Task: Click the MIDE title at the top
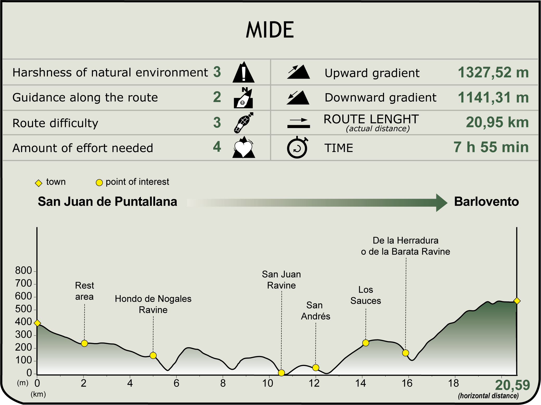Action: pos(270,30)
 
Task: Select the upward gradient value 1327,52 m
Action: pos(493,72)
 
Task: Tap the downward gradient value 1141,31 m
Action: pos(493,98)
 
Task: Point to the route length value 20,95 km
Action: pos(497,122)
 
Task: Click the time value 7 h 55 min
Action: pos(491,147)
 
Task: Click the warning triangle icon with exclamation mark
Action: pos(243,72)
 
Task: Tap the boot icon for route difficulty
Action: pos(243,123)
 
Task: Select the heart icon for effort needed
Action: pos(243,147)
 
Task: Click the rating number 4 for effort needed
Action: pos(217,147)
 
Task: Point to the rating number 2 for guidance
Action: pos(217,97)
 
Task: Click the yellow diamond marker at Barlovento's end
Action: pos(517,301)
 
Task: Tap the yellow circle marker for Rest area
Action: pos(84,343)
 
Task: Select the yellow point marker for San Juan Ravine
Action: pos(281,373)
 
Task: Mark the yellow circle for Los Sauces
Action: pos(366,343)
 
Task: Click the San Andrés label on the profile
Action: pos(316,311)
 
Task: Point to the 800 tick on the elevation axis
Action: pos(23,270)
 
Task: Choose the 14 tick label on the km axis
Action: pos(361,383)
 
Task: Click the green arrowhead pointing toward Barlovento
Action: pos(442,202)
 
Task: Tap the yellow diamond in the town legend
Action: pos(39,183)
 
